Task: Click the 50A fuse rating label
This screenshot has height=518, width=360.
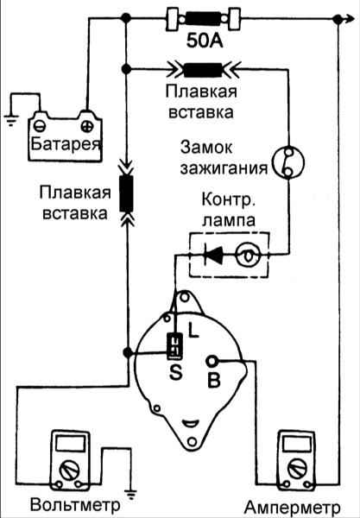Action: click(x=205, y=41)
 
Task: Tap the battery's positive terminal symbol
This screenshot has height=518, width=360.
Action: click(x=87, y=126)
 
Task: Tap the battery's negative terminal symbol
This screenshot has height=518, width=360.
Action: click(x=40, y=126)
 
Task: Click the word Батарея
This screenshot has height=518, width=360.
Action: click(x=66, y=143)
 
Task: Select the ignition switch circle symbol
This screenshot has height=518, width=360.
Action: click(x=287, y=162)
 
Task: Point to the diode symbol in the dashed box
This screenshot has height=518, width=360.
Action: click(x=213, y=255)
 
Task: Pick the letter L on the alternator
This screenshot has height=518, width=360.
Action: click(x=193, y=330)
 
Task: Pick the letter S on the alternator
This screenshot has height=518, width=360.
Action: click(x=176, y=372)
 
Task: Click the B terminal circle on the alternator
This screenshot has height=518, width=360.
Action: click(x=212, y=362)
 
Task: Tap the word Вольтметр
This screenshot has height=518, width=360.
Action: click(x=75, y=504)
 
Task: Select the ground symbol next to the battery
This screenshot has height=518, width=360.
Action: click(x=11, y=120)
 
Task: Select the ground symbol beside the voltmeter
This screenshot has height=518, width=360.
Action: click(x=131, y=495)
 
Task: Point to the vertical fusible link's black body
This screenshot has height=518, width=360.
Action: click(x=127, y=193)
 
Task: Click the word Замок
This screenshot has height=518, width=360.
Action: click(x=206, y=148)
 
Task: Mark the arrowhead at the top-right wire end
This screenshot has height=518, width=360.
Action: click(x=349, y=20)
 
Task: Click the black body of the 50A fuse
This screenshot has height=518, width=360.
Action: click(x=203, y=19)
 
